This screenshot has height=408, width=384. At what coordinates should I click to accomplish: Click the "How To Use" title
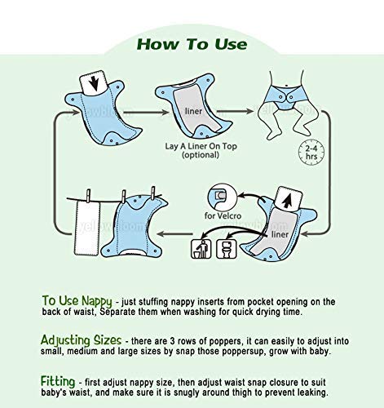tap(192, 44)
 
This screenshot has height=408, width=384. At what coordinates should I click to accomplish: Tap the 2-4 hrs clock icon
tap(311, 153)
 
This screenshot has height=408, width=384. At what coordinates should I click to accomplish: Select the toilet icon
tap(227, 249)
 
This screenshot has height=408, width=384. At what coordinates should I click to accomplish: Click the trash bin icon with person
tap(201, 249)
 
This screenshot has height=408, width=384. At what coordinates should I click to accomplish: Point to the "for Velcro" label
tap(223, 216)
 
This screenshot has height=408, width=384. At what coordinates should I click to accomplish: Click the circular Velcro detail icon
tap(222, 196)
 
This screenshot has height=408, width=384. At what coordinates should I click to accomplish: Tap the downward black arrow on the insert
tap(94, 82)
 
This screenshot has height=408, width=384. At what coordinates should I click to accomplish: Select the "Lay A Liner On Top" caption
tap(201, 146)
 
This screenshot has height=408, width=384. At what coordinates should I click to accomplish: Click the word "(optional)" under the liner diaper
tap(201, 155)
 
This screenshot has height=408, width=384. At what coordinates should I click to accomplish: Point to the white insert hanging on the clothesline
tap(87, 228)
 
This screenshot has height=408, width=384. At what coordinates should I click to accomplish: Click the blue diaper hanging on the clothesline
tap(134, 227)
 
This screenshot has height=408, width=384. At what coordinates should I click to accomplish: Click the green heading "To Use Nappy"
tap(77, 301)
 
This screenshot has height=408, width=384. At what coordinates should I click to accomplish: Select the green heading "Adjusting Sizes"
tap(81, 340)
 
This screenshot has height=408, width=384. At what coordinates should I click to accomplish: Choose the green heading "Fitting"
tap(58, 381)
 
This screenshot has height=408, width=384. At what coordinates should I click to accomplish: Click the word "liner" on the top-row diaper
tap(193, 111)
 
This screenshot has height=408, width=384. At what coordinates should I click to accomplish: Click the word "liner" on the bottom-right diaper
tap(280, 234)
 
